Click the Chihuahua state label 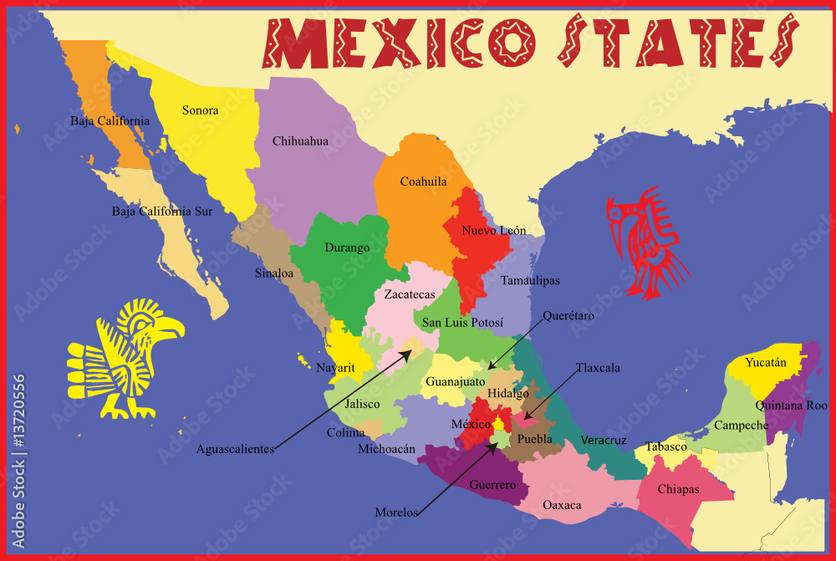click(300, 141)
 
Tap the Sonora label click(200, 110)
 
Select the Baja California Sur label click(162, 212)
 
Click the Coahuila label click(423, 181)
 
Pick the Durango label click(347, 247)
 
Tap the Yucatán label click(766, 363)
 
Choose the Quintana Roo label click(791, 405)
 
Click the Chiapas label click(678, 489)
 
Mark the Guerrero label click(492, 485)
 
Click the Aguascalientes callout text click(235, 449)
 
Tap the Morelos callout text click(396, 513)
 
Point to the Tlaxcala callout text click(598, 368)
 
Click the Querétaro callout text click(568, 316)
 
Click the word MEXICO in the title click(398, 43)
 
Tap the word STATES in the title click(676, 43)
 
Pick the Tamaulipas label click(530, 281)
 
